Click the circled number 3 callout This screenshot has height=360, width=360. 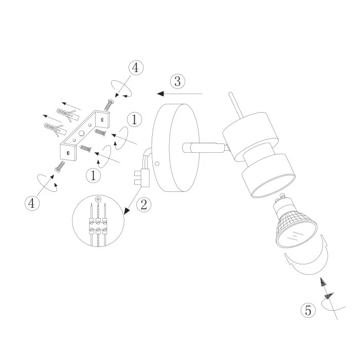177,81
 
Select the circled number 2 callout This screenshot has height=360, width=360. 144,205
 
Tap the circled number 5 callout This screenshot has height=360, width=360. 308,311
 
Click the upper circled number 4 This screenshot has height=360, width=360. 136,68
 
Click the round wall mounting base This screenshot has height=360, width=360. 176,148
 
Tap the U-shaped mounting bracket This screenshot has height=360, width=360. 85,135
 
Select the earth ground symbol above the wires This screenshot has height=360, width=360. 98,199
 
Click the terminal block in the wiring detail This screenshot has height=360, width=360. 98,226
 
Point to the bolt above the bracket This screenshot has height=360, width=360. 109,104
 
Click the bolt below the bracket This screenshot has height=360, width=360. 60,166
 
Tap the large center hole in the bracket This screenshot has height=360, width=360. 81,133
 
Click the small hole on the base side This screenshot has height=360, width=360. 157,164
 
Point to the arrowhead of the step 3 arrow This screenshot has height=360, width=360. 160,94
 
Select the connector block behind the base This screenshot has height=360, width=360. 141,178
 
